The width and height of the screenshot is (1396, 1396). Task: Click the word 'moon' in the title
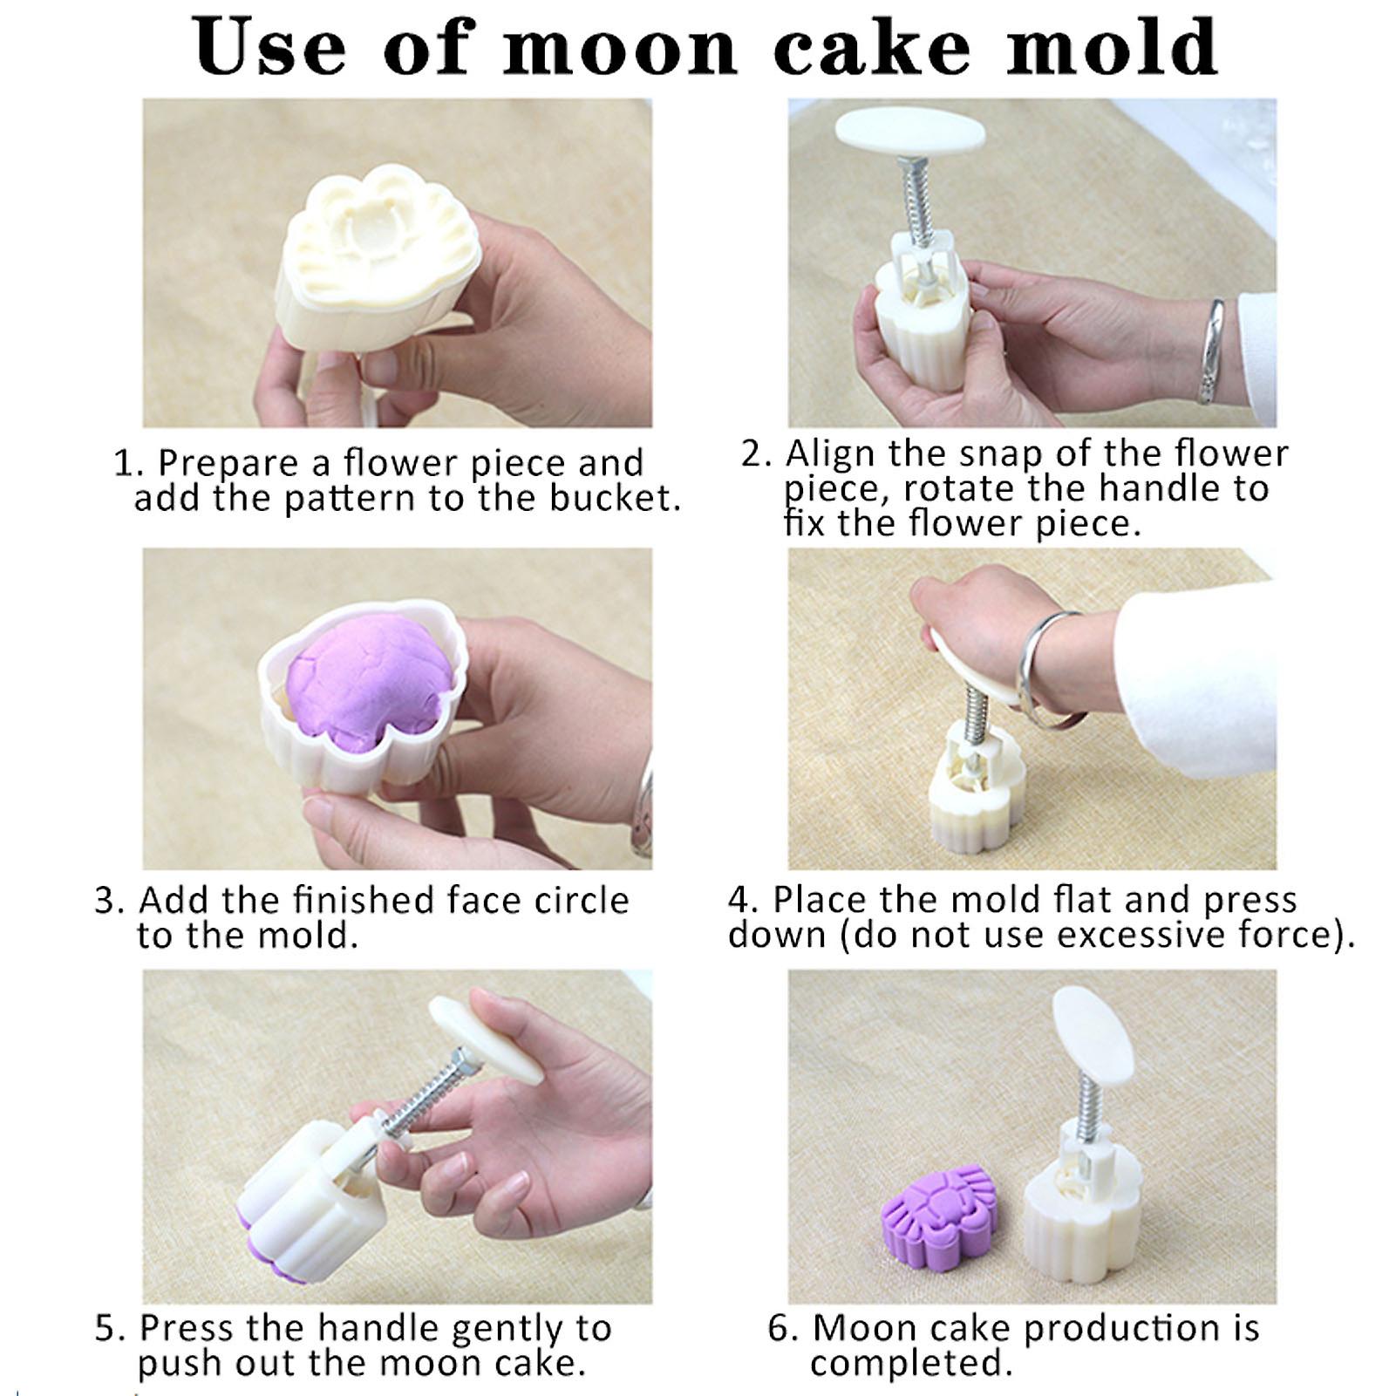tap(620, 48)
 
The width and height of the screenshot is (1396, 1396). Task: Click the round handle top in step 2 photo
tap(909, 131)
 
